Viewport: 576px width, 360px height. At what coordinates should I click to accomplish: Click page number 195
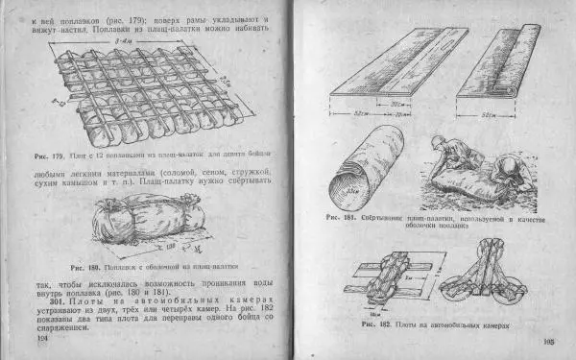tap(550, 342)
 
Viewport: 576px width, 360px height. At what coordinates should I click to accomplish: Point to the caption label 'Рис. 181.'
tap(341, 218)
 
